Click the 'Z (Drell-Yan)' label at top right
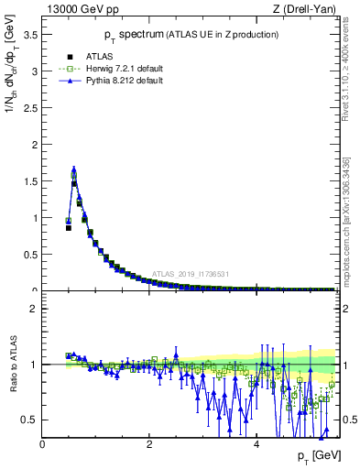(303, 10)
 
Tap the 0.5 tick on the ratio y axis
(30, 420)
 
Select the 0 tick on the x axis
(42, 444)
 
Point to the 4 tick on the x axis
(256, 444)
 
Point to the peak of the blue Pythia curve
(73, 169)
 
